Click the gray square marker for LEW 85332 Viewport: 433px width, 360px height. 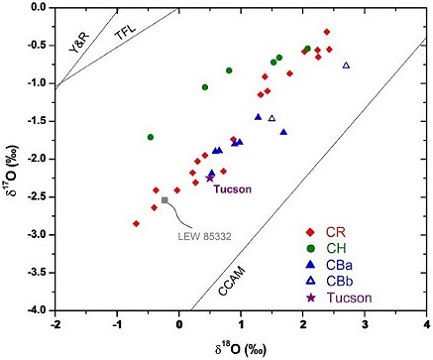pos(165,200)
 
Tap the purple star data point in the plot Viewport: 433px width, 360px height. pos(210,176)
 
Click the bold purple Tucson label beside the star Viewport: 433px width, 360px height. pos(234,189)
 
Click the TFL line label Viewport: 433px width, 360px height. pos(125,32)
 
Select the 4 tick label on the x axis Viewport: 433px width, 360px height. pos(426,325)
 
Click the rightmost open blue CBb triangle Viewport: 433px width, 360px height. pos(346,65)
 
